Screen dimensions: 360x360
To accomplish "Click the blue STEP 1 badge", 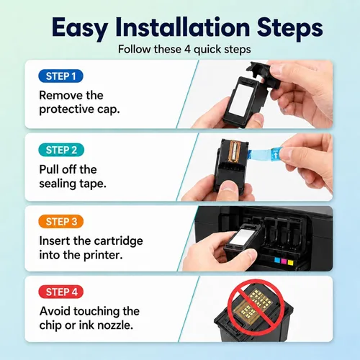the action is coord(60,76).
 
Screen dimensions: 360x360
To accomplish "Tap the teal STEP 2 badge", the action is coord(61,150).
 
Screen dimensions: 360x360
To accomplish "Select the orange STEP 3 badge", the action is coord(61,222).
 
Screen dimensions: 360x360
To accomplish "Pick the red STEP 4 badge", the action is coord(61,292).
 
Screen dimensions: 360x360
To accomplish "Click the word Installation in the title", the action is coord(183,27).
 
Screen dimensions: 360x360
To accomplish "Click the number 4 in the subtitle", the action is coord(187,50).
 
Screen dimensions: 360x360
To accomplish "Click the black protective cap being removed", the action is coord(264,74).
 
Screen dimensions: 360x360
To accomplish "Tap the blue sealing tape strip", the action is coord(264,153).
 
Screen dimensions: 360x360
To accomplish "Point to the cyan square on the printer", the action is coord(277,261).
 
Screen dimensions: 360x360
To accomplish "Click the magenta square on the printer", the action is coord(284,261).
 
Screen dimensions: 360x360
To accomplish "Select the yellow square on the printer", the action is coord(290,262).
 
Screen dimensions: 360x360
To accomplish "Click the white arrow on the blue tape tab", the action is coord(276,155).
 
